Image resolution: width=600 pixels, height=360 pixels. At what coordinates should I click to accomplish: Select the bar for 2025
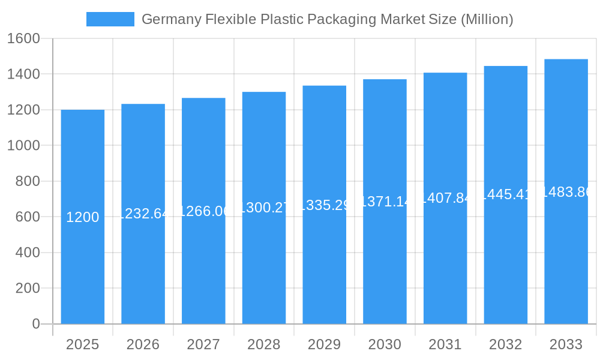click(83, 270)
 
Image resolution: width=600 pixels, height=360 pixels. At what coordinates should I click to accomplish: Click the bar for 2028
click(264, 270)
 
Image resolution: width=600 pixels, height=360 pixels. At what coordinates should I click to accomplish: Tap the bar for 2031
click(445, 270)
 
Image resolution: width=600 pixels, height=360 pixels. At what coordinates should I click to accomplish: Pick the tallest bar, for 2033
click(566, 270)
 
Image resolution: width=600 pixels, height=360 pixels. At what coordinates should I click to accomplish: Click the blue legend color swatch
click(110, 19)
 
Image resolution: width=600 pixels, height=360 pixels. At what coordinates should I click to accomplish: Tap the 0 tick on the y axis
click(35, 324)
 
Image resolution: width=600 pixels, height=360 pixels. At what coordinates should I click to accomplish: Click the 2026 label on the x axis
click(143, 344)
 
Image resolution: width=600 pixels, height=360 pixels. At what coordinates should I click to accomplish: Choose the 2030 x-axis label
click(385, 344)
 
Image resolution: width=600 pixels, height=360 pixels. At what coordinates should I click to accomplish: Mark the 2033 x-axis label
click(566, 344)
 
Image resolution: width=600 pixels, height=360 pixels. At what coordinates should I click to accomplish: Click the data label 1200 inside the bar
click(83, 217)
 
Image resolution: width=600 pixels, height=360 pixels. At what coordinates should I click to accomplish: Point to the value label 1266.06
click(204, 211)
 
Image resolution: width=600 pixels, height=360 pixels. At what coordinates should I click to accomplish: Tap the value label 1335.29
click(325, 205)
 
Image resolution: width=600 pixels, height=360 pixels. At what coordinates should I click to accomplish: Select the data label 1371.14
click(385, 202)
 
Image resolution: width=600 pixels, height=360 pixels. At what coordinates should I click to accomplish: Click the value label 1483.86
click(566, 192)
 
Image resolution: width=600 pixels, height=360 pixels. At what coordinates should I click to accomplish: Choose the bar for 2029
click(325, 270)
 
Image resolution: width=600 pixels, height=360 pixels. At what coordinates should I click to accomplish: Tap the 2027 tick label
click(203, 344)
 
